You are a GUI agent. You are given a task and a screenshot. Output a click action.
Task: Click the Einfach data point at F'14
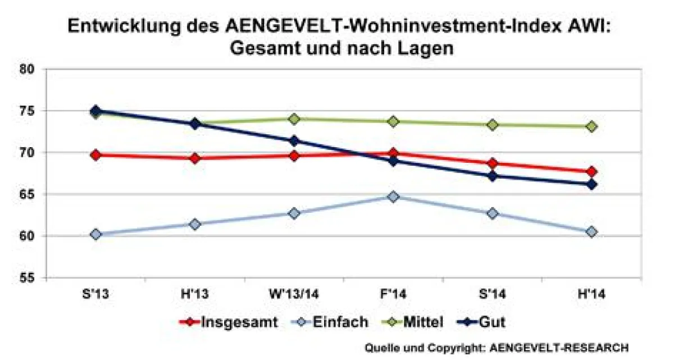click(393, 197)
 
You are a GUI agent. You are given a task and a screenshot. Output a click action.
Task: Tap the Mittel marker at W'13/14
click(294, 119)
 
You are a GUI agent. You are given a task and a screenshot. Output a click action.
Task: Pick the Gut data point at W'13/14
click(294, 141)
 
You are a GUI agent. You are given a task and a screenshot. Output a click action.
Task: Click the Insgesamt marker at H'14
click(591, 172)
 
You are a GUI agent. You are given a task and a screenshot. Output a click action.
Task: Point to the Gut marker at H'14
click(591, 184)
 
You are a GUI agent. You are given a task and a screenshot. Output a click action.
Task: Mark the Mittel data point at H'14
click(591, 127)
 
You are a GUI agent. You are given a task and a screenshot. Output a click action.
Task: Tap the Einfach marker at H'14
click(591, 232)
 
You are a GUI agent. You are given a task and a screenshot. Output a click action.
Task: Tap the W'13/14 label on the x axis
click(294, 294)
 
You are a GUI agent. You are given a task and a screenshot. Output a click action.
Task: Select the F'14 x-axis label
click(393, 294)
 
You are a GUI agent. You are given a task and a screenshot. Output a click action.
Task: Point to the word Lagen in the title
click(421, 48)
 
